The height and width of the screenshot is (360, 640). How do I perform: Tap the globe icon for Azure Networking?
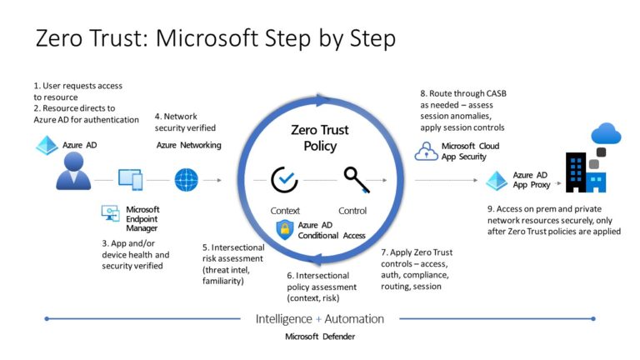click(186, 178)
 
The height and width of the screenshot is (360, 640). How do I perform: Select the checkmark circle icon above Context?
click(284, 178)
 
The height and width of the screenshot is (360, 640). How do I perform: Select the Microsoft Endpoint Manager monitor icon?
click(110, 213)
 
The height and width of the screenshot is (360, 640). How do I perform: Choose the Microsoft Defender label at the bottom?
click(319, 336)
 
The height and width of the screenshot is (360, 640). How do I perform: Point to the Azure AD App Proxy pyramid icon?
click(497, 179)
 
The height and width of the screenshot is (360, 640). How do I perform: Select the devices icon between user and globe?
click(132, 178)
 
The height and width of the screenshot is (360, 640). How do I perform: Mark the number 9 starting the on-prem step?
click(490, 208)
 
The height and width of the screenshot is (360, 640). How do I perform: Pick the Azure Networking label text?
click(188, 145)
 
